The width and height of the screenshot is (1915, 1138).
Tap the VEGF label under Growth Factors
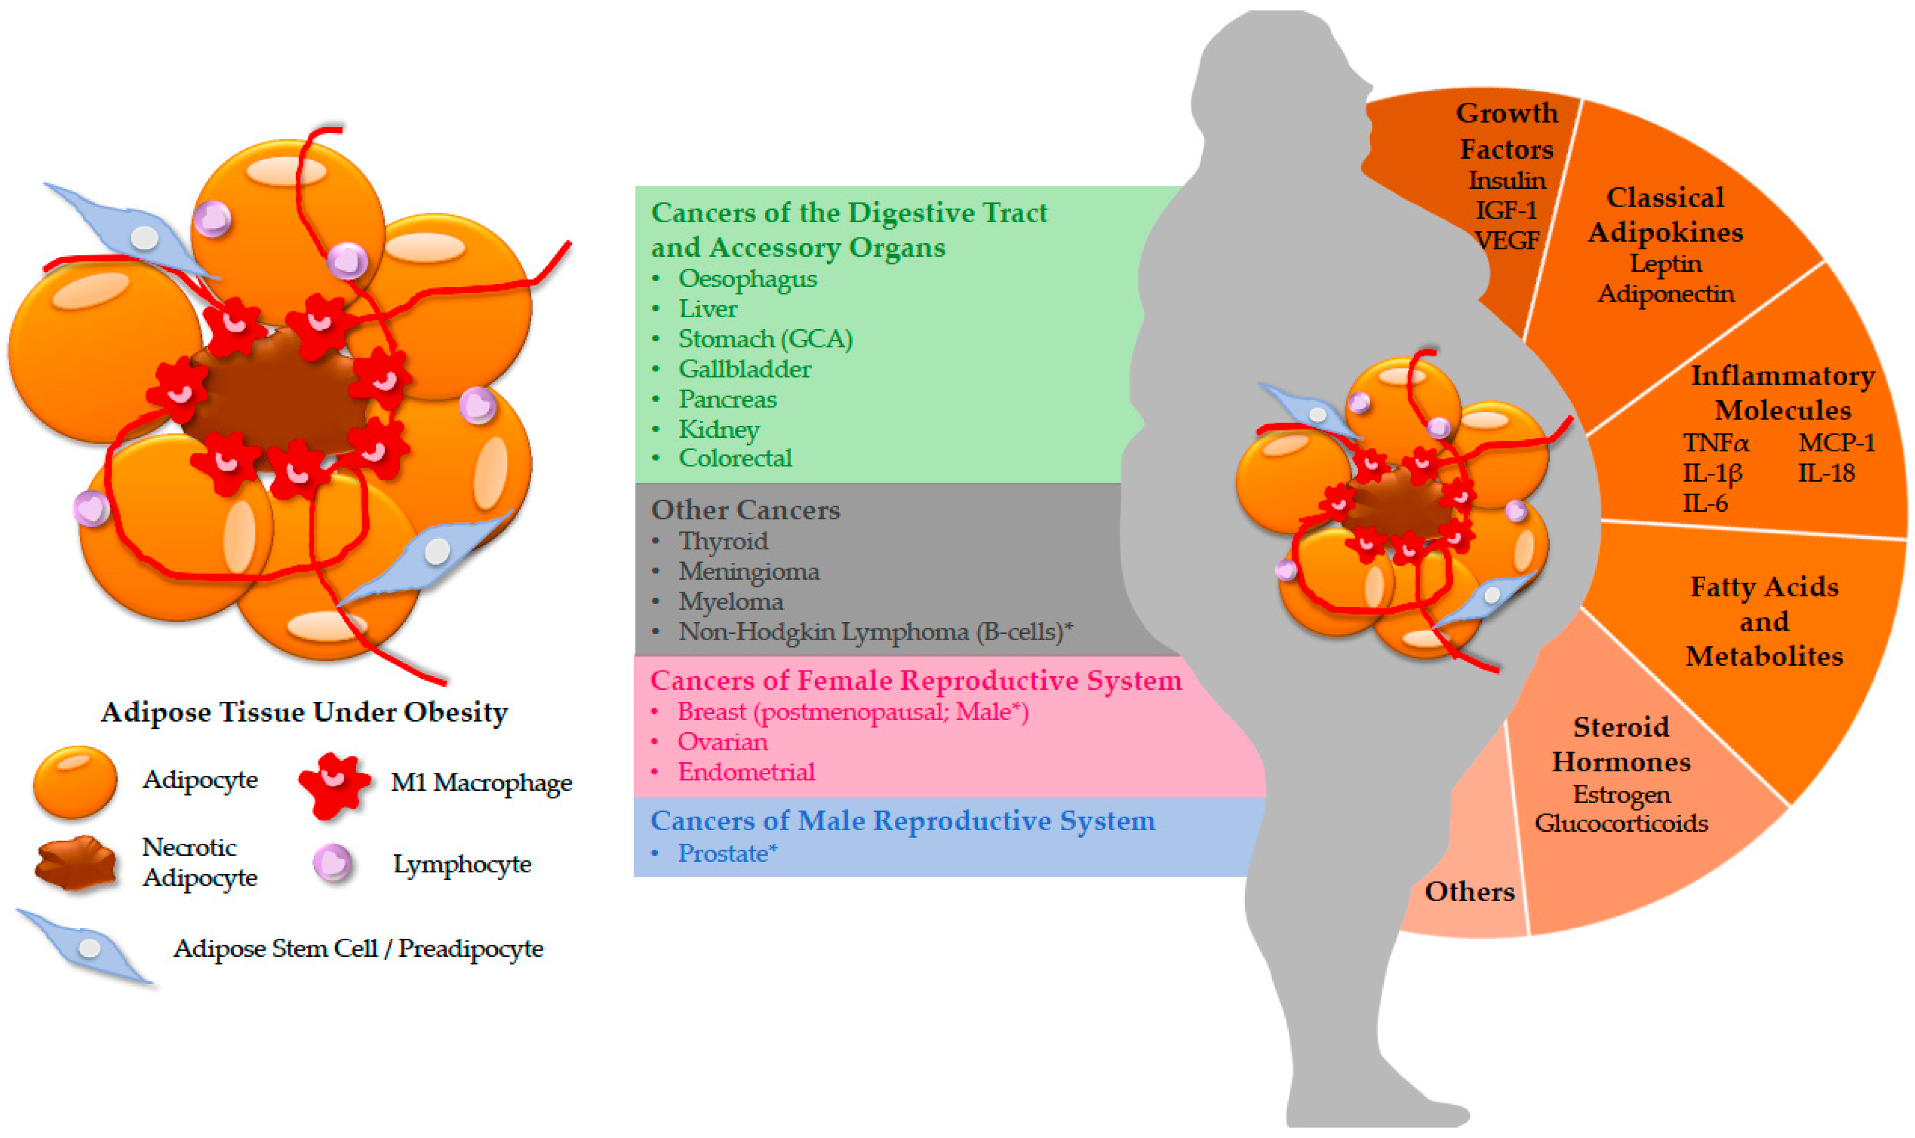[x=1507, y=241]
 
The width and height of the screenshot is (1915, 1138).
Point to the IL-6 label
[x=1705, y=503]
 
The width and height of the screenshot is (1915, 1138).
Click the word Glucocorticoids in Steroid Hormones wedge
[x=1621, y=823]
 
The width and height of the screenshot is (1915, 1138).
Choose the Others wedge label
[x=1469, y=891]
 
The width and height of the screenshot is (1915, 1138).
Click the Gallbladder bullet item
[x=744, y=369]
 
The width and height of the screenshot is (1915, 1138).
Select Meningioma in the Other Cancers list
[x=748, y=571]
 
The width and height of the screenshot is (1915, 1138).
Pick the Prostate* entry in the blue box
[x=727, y=853]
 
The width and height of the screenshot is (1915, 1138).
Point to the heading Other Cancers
[x=746, y=510]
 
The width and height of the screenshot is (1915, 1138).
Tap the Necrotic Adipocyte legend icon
[x=75, y=863]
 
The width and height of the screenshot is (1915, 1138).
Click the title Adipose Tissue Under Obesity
[x=304, y=712]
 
